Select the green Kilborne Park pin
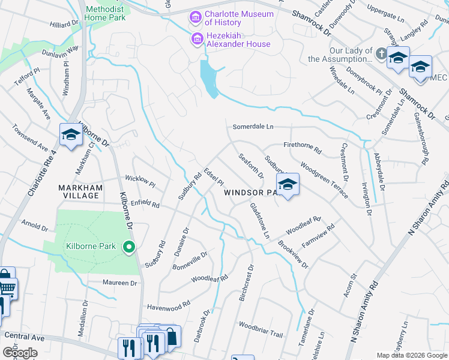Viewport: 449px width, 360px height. click(128, 247)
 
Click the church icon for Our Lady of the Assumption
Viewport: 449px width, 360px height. click(380, 55)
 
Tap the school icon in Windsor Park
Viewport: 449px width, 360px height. click(288, 185)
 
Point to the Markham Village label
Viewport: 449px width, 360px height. click(79, 192)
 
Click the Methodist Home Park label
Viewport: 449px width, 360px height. click(108, 14)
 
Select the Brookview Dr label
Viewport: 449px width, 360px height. click(293, 255)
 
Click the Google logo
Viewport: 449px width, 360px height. click(20, 352)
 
